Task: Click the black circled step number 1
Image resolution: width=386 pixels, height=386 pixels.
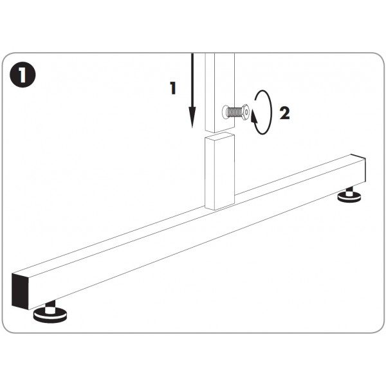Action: (x=23, y=75)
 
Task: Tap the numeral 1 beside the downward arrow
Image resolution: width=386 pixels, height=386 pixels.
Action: (x=173, y=88)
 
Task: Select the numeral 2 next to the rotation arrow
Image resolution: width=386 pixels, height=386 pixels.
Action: (x=285, y=113)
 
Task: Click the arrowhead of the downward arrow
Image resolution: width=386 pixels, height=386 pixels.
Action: (x=192, y=118)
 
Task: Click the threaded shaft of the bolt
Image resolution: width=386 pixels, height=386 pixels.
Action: (x=234, y=112)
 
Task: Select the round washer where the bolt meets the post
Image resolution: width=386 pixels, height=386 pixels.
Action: (x=226, y=112)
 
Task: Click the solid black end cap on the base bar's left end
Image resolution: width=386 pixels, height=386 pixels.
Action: (x=20, y=291)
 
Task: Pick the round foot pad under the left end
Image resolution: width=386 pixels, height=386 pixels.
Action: (x=50, y=316)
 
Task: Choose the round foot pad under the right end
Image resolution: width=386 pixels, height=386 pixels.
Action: (x=350, y=197)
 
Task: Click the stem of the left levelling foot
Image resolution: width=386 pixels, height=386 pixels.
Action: (x=50, y=305)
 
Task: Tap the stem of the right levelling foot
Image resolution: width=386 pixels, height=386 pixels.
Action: (x=349, y=190)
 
